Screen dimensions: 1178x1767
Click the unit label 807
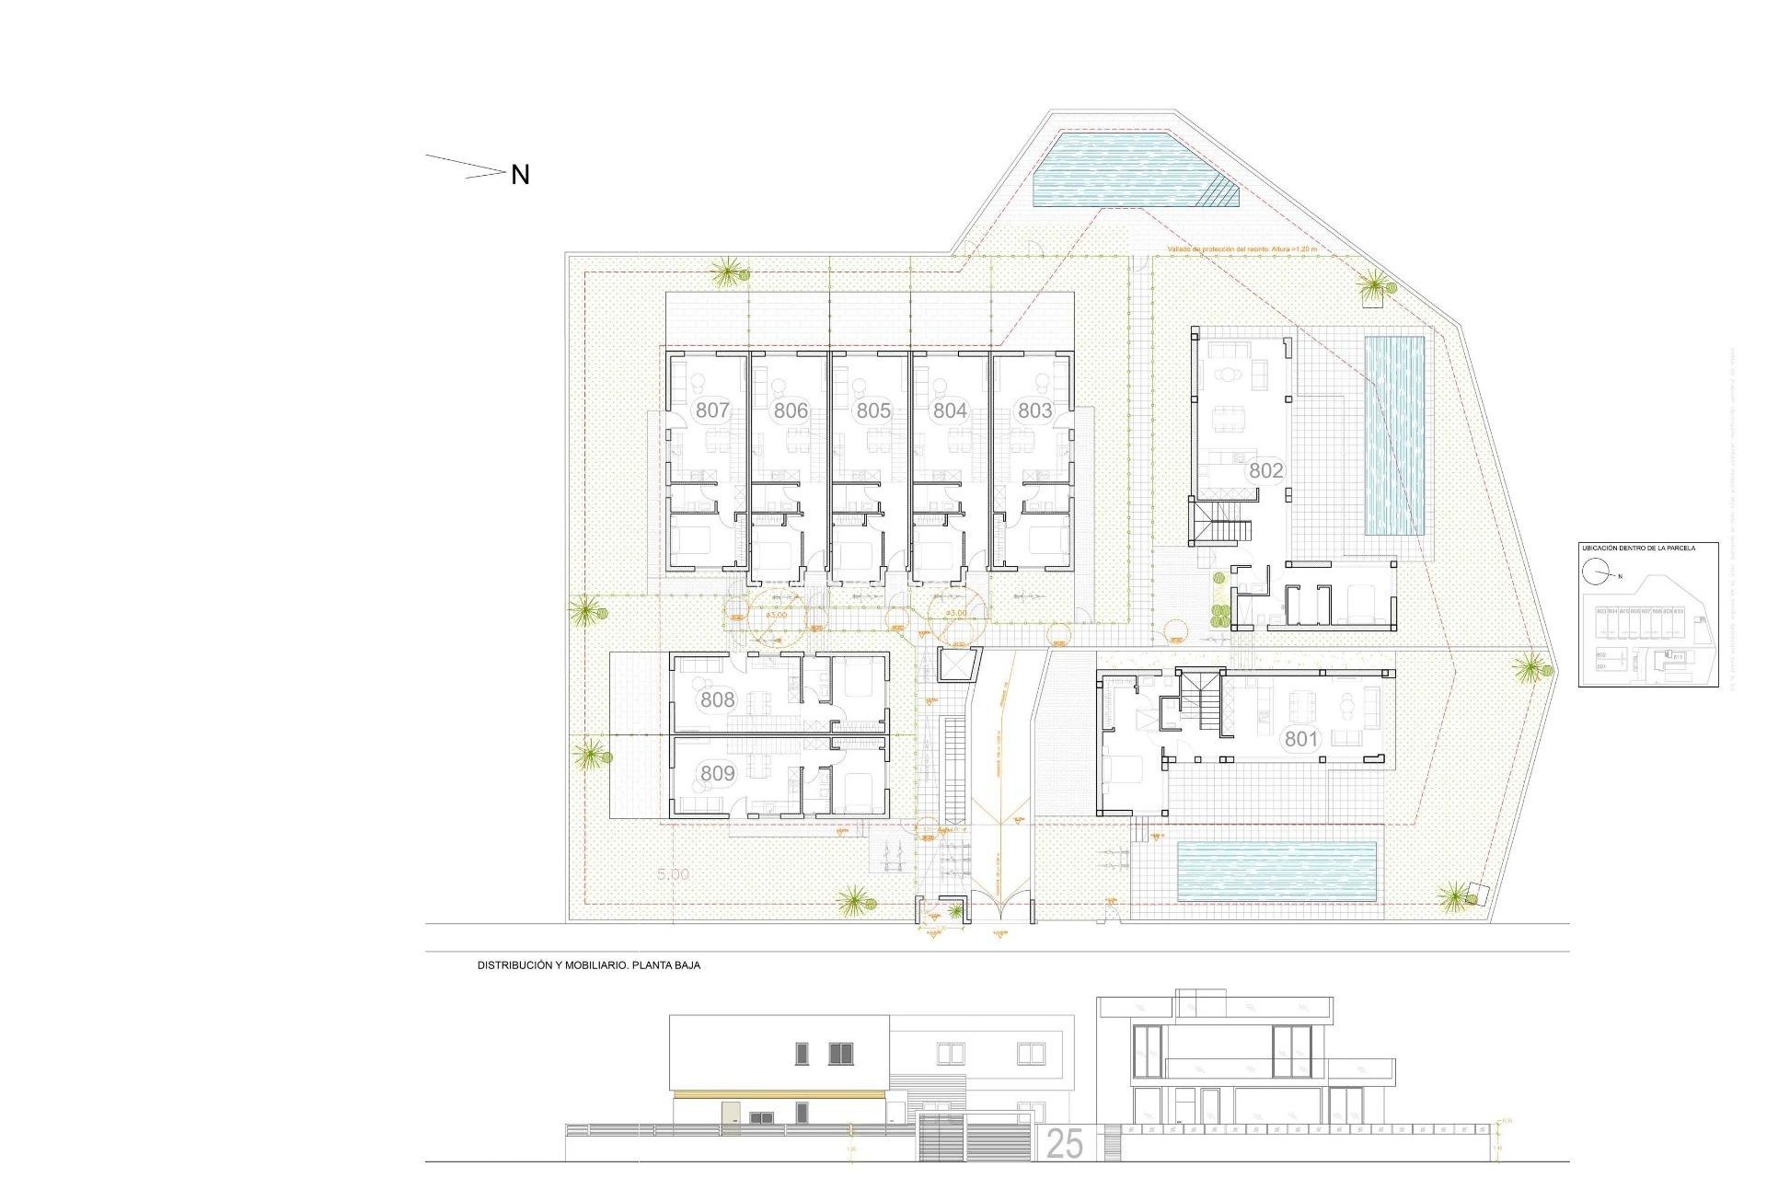[x=712, y=410]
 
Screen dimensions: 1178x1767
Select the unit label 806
[x=791, y=410]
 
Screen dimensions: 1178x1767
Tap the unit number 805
[x=872, y=410]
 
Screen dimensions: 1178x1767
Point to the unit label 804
[x=950, y=410]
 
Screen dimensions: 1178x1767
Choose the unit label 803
[x=1034, y=410]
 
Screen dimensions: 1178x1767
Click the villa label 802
[x=1265, y=470]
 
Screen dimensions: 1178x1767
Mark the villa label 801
[x=1301, y=738]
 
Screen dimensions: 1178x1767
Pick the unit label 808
[x=717, y=699]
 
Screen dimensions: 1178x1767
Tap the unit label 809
[x=717, y=773]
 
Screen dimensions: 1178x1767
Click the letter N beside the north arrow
[x=520, y=175]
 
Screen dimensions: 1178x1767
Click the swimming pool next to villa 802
[x=1393, y=436]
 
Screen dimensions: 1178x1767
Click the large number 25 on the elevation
[x=1064, y=1144]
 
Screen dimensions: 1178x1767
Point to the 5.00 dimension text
[x=673, y=874]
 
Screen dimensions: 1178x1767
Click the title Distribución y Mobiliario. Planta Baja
[x=588, y=965]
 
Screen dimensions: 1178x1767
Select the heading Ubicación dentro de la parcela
[x=1638, y=549]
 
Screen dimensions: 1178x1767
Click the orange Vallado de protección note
[x=1242, y=249]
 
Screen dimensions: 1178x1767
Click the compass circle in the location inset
[x=1595, y=572]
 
